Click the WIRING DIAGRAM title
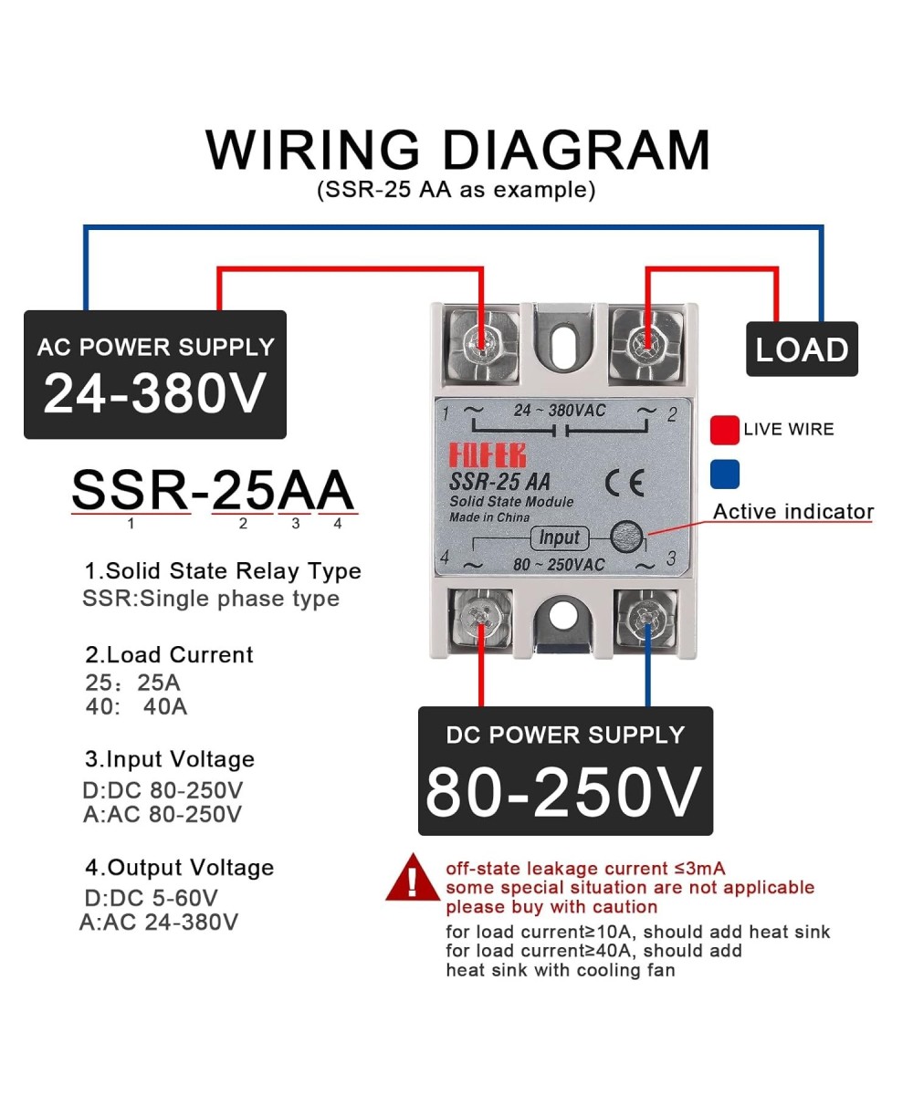coord(456,150)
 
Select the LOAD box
coord(802,349)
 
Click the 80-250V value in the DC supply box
coord(564,790)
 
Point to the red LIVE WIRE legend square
coord(725,429)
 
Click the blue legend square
coord(725,474)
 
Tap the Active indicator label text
coord(792,512)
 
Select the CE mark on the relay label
coord(624,483)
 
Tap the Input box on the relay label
coord(559,537)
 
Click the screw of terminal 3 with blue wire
coord(647,620)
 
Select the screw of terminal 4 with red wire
coord(479,620)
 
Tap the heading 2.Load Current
coord(169,654)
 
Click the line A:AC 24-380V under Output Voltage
coord(160,922)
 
